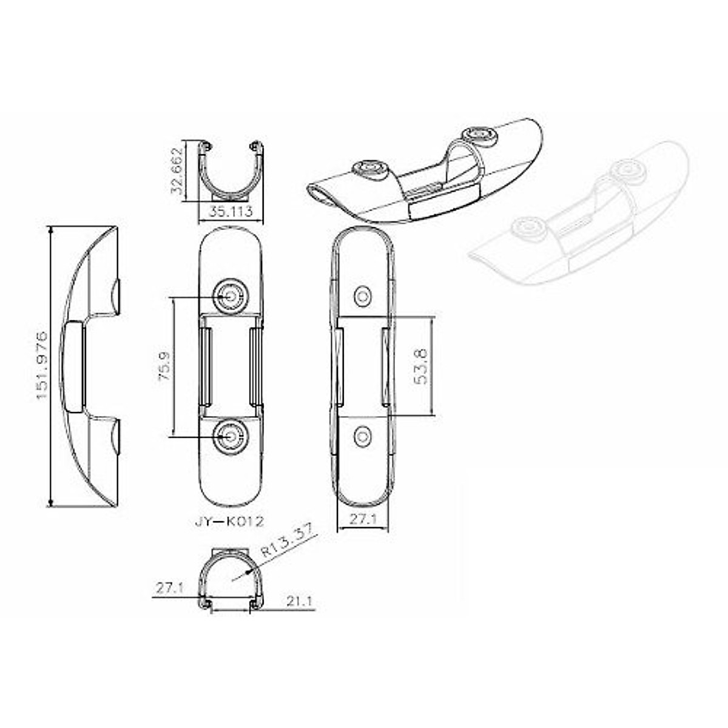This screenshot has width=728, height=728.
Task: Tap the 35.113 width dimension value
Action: tap(231, 213)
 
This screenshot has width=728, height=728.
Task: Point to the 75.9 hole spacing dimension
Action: tap(164, 366)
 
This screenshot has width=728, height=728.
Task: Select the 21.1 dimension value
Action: tap(299, 602)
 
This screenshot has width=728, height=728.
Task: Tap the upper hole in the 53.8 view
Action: tap(363, 296)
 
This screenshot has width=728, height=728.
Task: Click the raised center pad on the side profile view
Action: tap(73, 366)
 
